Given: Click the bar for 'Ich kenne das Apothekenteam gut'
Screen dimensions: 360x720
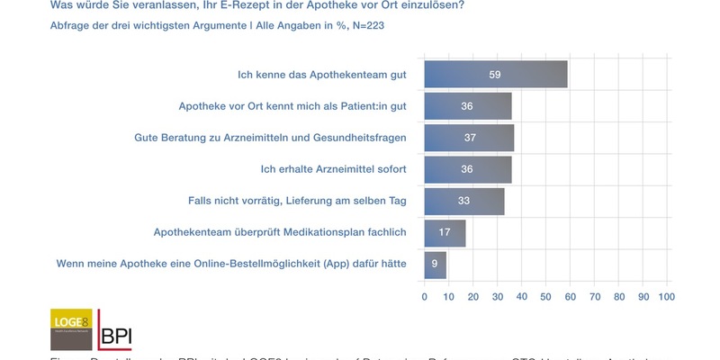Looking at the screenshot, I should [x=496, y=75].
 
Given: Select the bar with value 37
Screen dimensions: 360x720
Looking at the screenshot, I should [x=469, y=138].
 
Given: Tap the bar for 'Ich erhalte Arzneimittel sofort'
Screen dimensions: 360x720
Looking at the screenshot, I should [x=468, y=169].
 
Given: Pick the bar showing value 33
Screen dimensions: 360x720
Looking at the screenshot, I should [x=464, y=201].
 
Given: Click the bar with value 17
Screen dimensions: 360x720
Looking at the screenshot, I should [x=445, y=233].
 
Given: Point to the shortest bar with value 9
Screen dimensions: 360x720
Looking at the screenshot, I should [x=436, y=265].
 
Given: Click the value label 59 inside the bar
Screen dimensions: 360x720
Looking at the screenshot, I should [x=495, y=75].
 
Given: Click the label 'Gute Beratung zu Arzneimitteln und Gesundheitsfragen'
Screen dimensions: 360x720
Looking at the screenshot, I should [x=269, y=138].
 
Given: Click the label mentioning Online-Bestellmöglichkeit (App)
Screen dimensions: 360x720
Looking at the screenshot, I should [x=232, y=265].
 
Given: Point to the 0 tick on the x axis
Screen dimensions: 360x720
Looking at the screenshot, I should [x=425, y=295].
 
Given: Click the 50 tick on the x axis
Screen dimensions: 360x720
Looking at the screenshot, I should [x=545, y=295].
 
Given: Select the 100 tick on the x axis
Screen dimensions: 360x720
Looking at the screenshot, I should [x=666, y=295].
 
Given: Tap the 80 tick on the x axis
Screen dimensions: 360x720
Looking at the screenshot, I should [x=618, y=295].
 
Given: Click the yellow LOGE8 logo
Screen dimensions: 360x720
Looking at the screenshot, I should [x=71, y=329].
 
